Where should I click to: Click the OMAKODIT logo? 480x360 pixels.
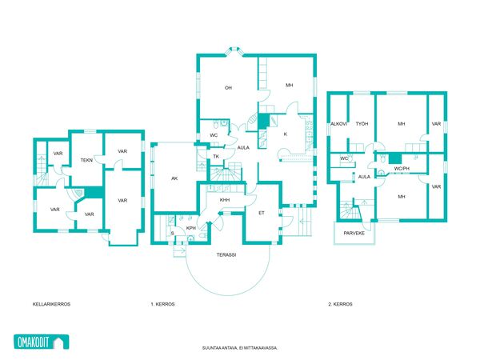[42, 342]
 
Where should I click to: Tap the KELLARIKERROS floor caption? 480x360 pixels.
[51, 304]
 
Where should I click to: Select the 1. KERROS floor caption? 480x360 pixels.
[162, 304]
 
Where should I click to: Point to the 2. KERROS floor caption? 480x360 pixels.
[340, 304]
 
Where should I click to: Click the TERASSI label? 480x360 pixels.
[226, 254]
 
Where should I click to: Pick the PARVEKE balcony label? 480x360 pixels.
[354, 234]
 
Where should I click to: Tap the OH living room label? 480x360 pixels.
[228, 88]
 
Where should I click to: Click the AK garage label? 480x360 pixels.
[174, 178]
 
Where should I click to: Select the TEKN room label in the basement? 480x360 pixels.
[86, 160]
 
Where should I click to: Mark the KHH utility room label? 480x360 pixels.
[225, 200]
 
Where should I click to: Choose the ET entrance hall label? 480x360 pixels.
[262, 213]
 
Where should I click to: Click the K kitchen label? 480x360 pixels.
[286, 134]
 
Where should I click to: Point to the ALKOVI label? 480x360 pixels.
[338, 124]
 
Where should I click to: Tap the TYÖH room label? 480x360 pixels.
[362, 124]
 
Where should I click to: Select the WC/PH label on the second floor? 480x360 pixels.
[402, 169]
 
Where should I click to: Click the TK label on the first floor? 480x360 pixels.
[216, 157]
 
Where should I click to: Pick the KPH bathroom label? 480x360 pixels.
[190, 228]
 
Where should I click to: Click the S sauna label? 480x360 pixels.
[172, 234]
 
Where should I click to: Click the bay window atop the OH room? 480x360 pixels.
[234, 50]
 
